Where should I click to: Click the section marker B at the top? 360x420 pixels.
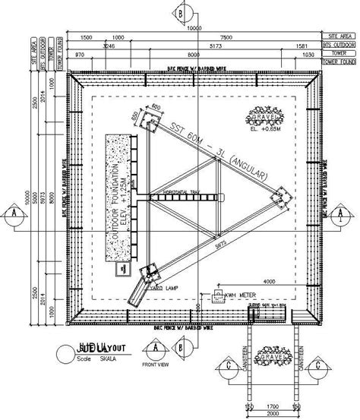[x=180, y=12]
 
